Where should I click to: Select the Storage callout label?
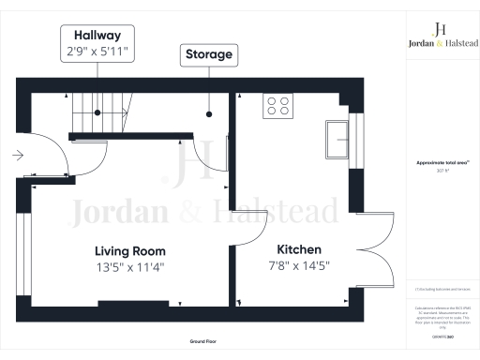[x=207, y=54]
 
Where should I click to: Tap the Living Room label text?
[x=129, y=251]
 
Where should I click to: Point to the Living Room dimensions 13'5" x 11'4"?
[x=129, y=267]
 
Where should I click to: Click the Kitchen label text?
[x=299, y=249]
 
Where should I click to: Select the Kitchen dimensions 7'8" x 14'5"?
[x=299, y=266]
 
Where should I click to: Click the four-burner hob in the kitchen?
[x=277, y=105]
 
